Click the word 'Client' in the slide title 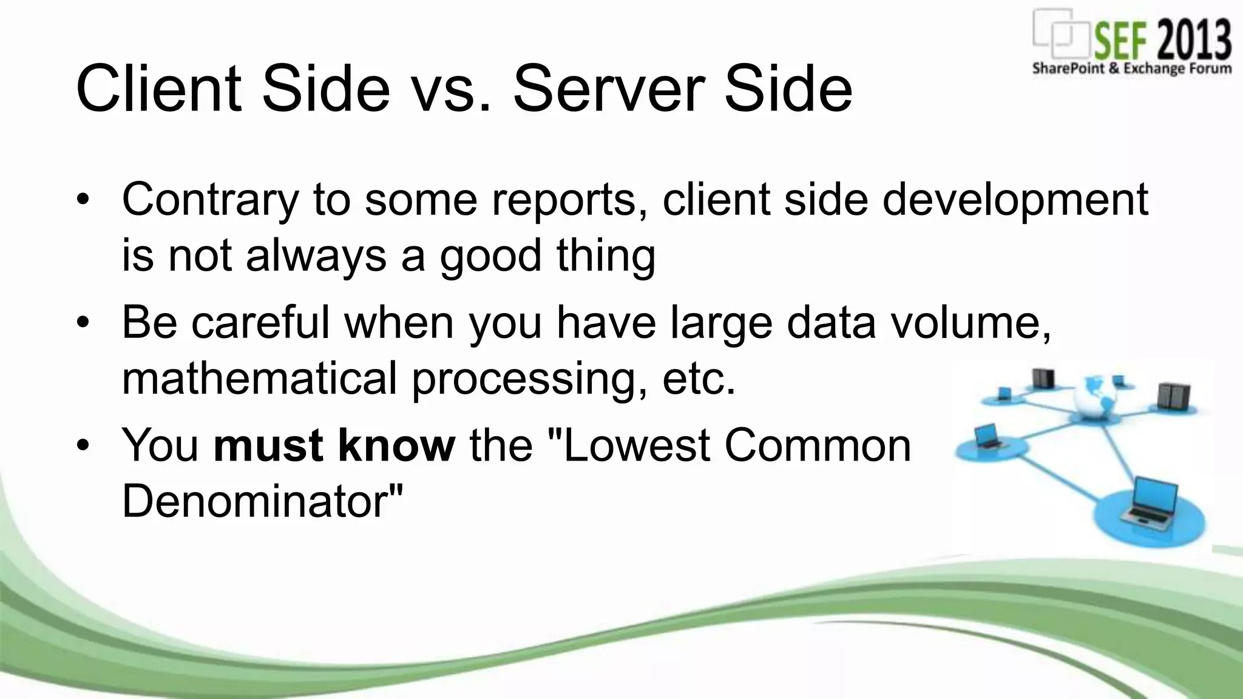[x=158, y=89]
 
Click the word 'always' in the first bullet [x=316, y=255]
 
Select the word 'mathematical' [x=259, y=378]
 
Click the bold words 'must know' [x=334, y=445]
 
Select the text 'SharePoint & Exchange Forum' [x=1131, y=69]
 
